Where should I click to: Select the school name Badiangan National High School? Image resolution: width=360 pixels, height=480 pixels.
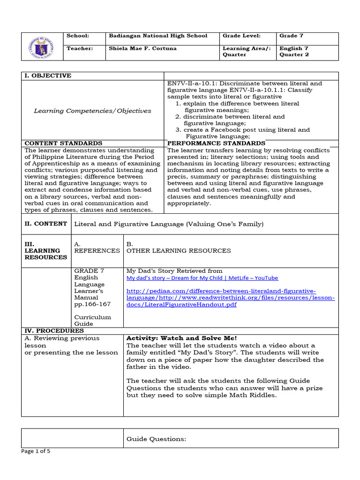(157, 36)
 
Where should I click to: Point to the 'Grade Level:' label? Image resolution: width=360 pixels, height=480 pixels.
(241, 36)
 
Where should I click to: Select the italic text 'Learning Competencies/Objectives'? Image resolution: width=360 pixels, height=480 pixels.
(92, 111)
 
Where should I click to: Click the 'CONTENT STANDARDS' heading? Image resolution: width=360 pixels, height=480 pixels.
(63, 143)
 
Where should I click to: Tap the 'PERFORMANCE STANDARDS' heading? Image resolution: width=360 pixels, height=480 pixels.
(216, 143)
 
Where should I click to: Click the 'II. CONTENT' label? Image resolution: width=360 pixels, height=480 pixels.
(45, 224)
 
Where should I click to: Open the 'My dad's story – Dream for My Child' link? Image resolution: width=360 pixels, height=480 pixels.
(202, 278)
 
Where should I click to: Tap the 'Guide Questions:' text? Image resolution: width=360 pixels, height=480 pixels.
(157, 439)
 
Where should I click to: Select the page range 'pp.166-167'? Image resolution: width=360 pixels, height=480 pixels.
(93, 304)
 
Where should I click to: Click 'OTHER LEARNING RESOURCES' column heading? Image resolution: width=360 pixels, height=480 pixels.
(179, 251)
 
